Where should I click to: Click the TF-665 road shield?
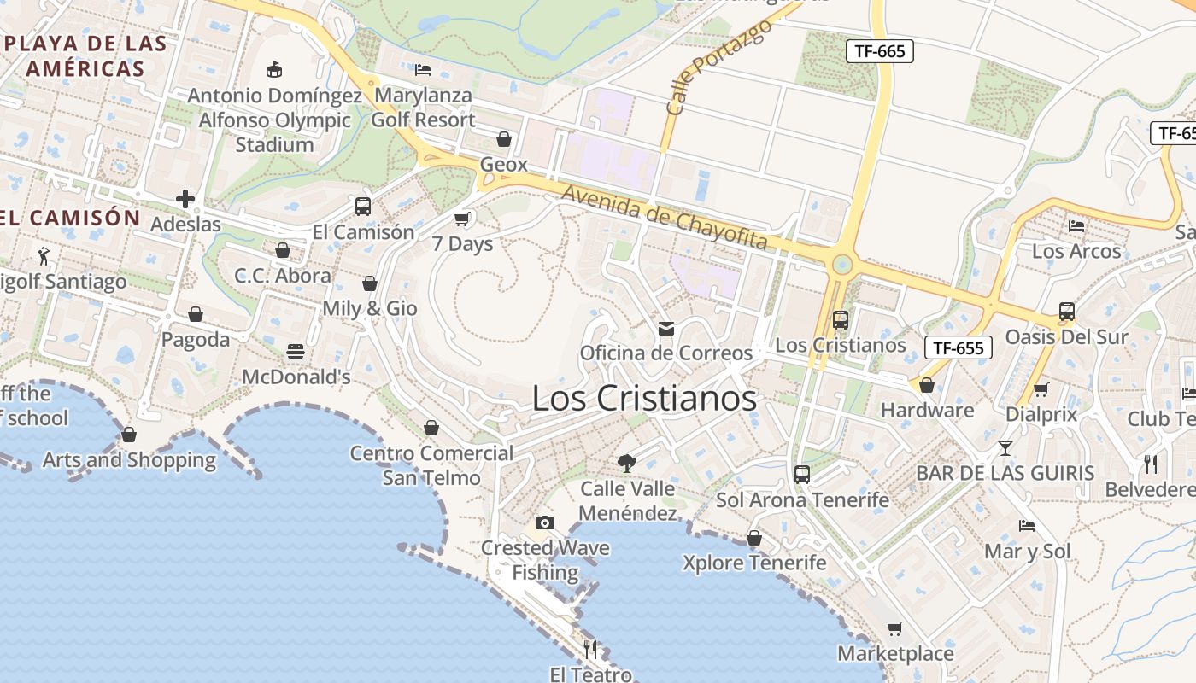[880, 51]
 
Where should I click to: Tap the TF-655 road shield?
[959, 347]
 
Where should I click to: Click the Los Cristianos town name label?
[644, 399]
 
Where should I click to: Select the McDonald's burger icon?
[296, 352]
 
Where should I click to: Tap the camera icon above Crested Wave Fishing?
[545, 522]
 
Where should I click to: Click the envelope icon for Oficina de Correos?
[666, 328]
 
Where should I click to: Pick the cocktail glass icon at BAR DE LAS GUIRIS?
[1005, 447]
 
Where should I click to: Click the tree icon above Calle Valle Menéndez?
[627, 463]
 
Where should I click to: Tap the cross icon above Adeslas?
[185, 199]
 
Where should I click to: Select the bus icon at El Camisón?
[363, 206]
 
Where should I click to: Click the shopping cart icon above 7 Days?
[462, 219]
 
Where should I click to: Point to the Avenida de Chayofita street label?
[665, 218]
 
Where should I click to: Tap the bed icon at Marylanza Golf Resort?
[423, 69]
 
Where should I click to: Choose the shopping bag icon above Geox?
[504, 138]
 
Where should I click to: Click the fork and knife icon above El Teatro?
[590, 649]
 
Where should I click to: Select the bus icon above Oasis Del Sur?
[1066, 312]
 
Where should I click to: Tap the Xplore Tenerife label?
[754, 563]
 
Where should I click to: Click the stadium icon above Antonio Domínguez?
[274, 69]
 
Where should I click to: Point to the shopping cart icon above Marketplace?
[894, 628]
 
